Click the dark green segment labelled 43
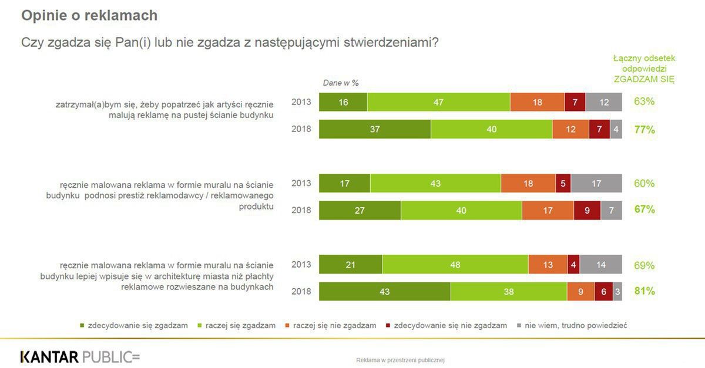[x=385, y=292]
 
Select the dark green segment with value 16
[x=343, y=102]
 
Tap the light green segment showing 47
[x=438, y=102]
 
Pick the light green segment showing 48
[x=455, y=265]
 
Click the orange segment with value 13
[x=548, y=265]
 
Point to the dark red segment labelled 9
[x=587, y=210]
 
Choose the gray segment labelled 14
[x=600, y=265]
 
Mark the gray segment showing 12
[x=604, y=102]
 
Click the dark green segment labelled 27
[x=360, y=210]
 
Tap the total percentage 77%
[x=644, y=130]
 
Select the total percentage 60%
[x=644, y=184]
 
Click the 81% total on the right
[x=644, y=292]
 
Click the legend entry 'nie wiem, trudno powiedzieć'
[x=571, y=325]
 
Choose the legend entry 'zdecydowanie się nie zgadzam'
[x=445, y=325]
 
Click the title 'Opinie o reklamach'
[x=89, y=16]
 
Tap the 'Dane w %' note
[x=341, y=83]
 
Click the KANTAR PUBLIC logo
[x=80, y=357]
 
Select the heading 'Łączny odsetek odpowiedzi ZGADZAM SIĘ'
[x=644, y=69]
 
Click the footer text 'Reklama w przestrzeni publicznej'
[x=400, y=360]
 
